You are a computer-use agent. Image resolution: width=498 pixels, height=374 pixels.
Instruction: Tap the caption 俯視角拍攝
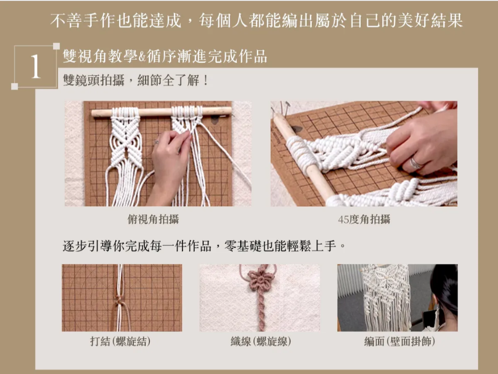click(153, 219)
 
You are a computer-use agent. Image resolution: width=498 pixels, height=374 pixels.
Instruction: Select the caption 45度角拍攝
click(364, 219)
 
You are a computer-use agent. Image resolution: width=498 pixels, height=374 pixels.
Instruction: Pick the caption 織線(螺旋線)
click(260, 341)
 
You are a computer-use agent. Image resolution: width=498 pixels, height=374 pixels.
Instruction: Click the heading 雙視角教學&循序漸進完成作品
click(164, 56)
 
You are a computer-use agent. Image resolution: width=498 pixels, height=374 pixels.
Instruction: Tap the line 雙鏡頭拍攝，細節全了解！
click(135, 81)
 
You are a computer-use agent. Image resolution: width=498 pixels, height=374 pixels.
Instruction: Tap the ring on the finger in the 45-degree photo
click(416, 163)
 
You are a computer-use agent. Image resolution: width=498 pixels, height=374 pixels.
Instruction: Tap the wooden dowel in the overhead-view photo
click(156, 112)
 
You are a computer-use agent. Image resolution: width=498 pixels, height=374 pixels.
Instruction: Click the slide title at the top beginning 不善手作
click(256, 21)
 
